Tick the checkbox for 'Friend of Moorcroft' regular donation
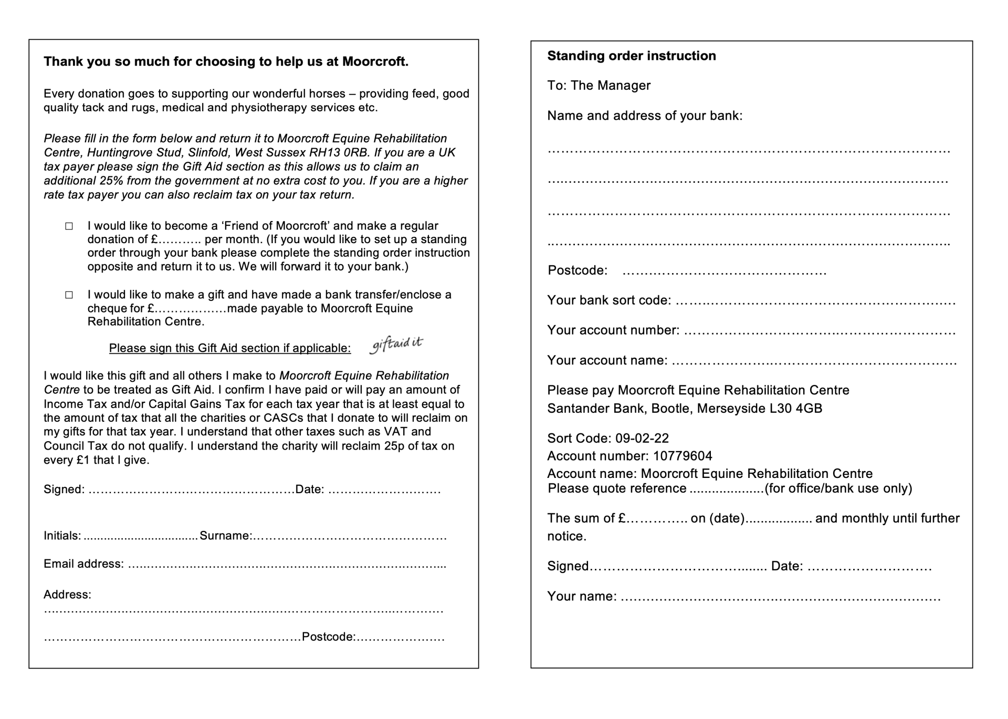(x=69, y=226)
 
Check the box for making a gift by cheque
(x=69, y=295)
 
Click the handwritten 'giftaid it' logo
(x=396, y=345)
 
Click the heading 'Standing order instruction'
(x=631, y=56)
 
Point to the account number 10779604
(x=682, y=456)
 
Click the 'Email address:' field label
(x=83, y=564)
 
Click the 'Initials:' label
(x=62, y=536)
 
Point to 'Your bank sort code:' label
(x=608, y=300)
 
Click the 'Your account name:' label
(x=607, y=360)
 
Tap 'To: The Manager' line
(x=598, y=86)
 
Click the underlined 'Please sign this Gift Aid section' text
(x=229, y=348)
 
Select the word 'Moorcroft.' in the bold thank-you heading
(x=375, y=62)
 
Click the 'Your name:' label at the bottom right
(x=582, y=597)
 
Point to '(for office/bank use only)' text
(x=838, y=489)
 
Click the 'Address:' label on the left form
(x=67, y=595)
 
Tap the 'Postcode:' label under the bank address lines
(x=577, y=270)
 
